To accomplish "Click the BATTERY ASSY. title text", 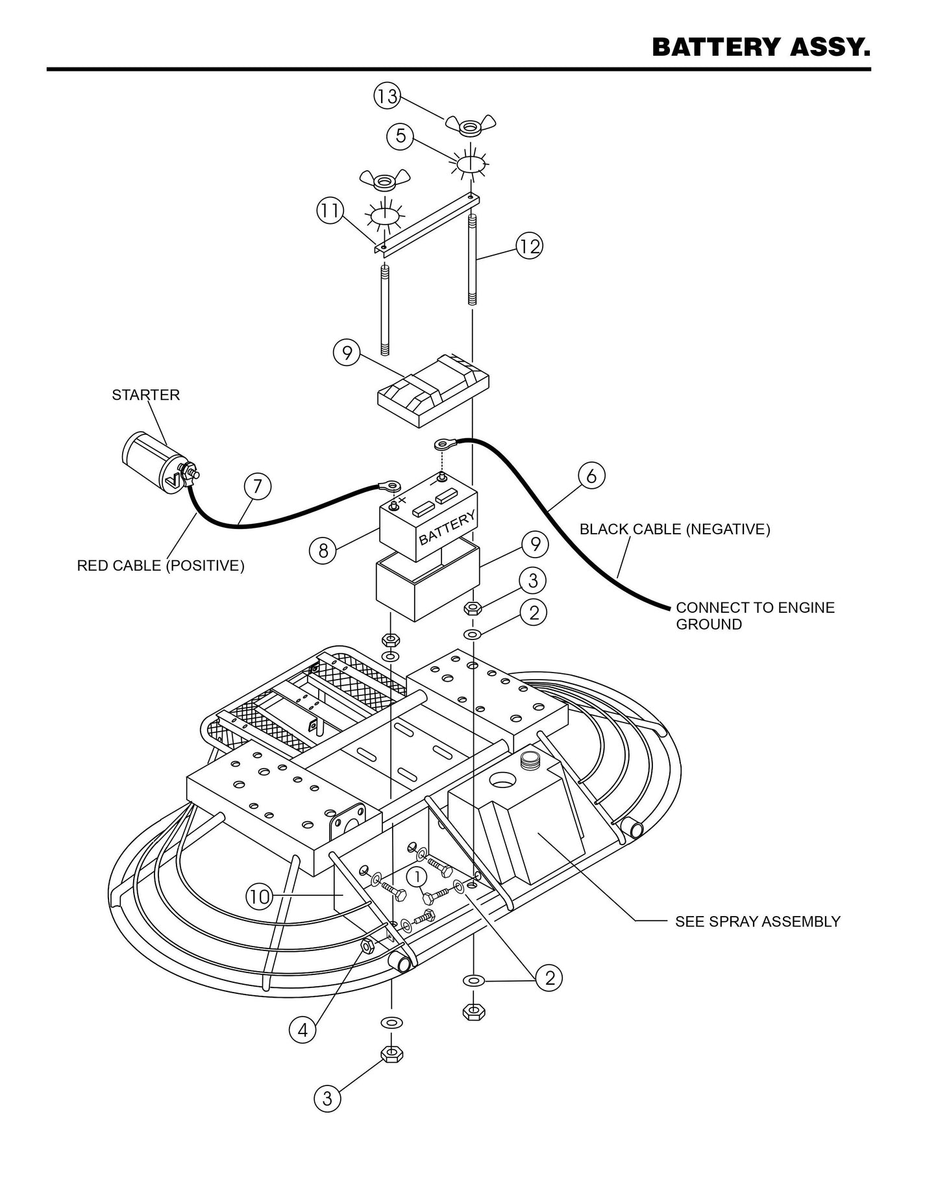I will point(760,47).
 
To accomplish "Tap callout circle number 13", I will point(386,97).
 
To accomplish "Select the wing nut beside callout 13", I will point(471,125).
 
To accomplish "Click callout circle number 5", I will point(400,136).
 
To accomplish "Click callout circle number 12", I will point(529,246).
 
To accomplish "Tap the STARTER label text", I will point(145,395).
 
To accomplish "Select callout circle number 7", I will point(257,486).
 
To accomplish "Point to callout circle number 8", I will point(323,551).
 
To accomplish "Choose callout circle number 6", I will point(591,476).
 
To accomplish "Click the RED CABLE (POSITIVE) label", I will point(160,565).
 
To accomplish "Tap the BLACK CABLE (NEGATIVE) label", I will point(674,529).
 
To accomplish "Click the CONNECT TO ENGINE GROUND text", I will point(755,616).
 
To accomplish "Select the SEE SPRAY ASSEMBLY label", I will point(757,921).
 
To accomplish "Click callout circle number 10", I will point(259,897).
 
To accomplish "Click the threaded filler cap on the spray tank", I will point(530,758).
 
